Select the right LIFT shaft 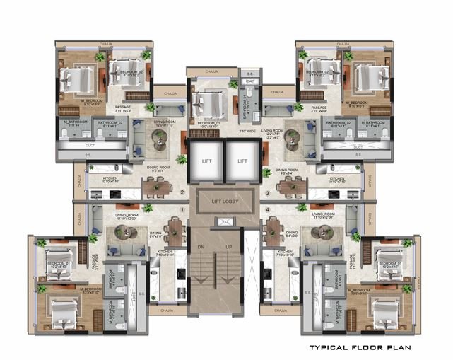[x=242, y=161]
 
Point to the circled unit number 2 [x=182, y=192]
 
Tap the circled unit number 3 [x=267, y=192]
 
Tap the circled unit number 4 [x=267, y=209]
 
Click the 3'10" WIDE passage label [x=246, y=131]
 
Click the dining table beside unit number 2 [x=159, y=187]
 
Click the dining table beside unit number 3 [x=288, y=187]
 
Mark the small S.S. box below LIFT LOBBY [x=224, y=222]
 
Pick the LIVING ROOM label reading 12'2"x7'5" [x=273, y=134]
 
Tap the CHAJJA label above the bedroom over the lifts [x=211, y=71]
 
